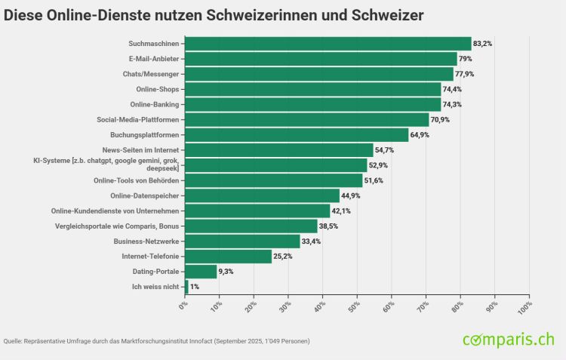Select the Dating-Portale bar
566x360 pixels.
tap(201, 272)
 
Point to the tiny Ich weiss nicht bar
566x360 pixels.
tap(186, 287)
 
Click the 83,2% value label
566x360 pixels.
tap(483, 44)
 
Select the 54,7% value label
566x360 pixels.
tap(385, 150)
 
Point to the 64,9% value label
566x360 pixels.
tap(420, 135)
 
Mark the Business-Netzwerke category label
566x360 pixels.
tap(146, 242)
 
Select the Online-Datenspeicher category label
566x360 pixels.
tap(143, 195)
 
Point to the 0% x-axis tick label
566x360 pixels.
tap(183, 305)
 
